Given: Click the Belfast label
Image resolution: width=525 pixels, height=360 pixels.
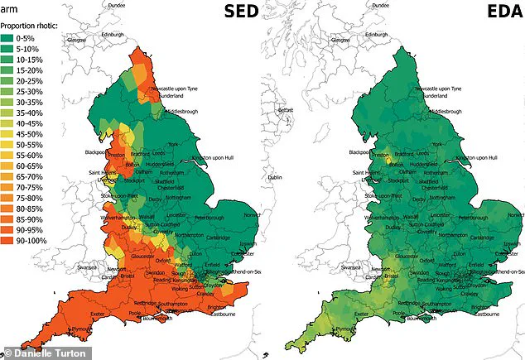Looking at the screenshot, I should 287,109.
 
